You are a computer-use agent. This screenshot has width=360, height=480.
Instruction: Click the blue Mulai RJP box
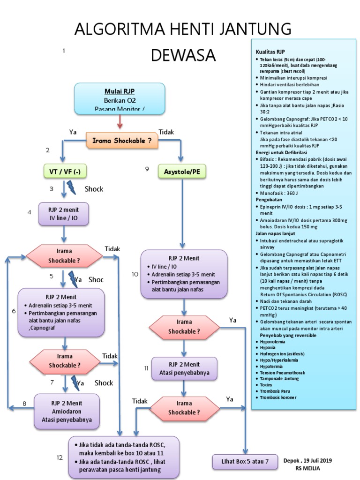120,98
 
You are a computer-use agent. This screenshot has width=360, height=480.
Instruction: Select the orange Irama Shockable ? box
122,140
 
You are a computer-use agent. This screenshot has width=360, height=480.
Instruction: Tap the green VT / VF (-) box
65,172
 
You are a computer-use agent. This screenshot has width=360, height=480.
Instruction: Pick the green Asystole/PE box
182,172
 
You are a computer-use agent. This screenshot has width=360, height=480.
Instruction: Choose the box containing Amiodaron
66,411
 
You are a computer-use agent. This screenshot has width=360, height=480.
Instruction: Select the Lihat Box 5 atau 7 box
245,461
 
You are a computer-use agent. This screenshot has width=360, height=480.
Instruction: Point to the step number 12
60,457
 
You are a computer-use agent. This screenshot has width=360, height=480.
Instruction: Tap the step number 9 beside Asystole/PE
147,169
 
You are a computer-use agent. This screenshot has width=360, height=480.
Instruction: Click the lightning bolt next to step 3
71,188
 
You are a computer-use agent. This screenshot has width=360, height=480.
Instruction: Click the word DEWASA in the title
183,55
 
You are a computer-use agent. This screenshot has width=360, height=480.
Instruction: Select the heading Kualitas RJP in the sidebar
270,52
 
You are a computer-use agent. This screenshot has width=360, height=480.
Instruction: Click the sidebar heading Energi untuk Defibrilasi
281,153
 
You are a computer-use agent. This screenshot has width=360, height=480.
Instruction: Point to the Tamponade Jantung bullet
279,378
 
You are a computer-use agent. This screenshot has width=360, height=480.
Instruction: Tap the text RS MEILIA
307,468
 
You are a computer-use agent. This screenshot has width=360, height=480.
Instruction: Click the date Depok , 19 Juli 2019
307,461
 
